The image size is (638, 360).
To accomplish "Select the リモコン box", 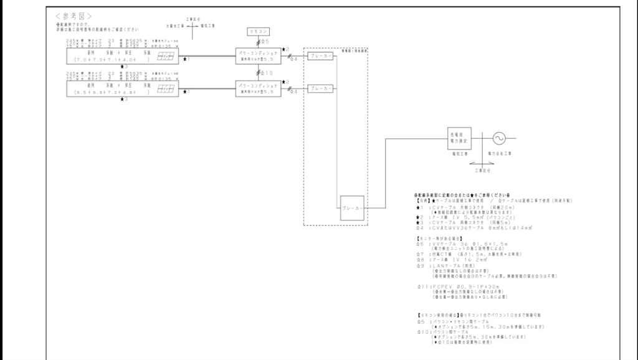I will [x=259, y=31].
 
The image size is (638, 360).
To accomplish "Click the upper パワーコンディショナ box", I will [x=258, y=56].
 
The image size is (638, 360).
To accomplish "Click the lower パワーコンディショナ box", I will [x=258, y=88].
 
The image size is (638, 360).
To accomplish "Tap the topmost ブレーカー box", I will [x=321, y=56].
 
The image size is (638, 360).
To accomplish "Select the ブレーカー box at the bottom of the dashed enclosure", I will [x=352, y=207].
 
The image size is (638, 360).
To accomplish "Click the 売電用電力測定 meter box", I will [x=459, y=138].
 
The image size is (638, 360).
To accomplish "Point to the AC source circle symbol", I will [x=499, y=138].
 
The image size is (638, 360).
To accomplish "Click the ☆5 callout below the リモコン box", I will [x=265, y=41].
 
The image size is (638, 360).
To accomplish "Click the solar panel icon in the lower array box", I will [x=165, y=89].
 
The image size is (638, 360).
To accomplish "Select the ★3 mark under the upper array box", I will [x=124, y=67].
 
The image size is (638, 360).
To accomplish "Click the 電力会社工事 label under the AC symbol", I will [x=499, y=153].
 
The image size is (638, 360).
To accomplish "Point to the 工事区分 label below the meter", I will [x=483, y=169].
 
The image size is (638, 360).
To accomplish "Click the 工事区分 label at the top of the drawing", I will [x=193, y=20].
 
